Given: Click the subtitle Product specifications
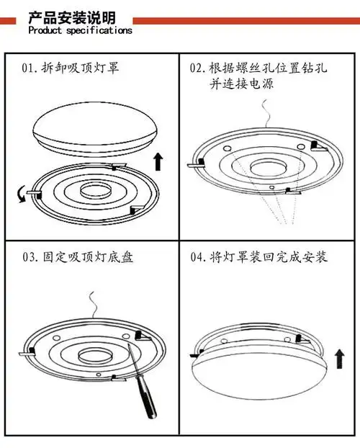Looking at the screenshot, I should point(80,31).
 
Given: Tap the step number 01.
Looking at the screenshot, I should point(30,69).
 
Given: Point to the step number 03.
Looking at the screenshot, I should point(30,257).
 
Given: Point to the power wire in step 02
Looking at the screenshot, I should point(267,115).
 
